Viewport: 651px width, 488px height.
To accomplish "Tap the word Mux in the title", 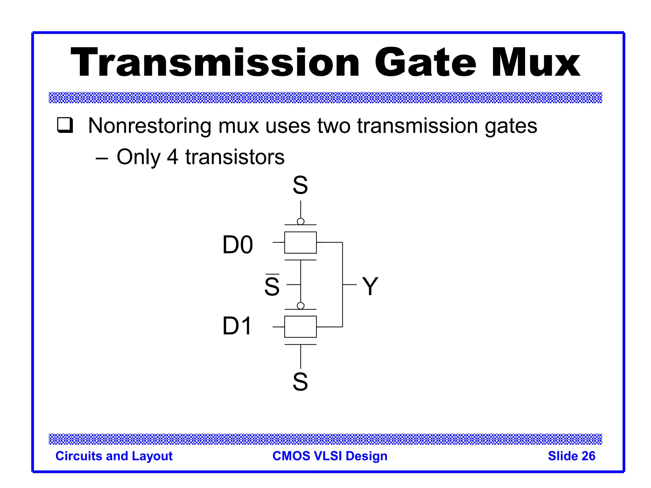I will (x=536, y=63).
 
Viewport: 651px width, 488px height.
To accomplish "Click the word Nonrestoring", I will (x=149, y=126).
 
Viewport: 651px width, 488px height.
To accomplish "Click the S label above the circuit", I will (x=300, y=185).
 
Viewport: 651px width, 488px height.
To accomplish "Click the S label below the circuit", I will (x=300, y=382).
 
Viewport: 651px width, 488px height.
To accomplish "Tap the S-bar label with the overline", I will (x=272, y=286).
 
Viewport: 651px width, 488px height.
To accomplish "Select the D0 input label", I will (x=237, y=245).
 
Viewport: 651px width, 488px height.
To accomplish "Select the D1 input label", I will (x=237, y=326).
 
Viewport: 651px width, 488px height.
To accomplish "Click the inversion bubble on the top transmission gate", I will (x=300, y=221).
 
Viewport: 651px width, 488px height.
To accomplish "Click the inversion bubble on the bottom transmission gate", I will (x=300, y=306).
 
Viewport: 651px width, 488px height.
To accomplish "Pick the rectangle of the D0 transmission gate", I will (x=300, y=242).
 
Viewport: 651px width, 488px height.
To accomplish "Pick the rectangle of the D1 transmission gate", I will (x=300, y=327).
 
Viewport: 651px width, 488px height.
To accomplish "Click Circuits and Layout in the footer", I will (x=114, y=456).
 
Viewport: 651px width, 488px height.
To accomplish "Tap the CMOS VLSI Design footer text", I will (x=330, y=456).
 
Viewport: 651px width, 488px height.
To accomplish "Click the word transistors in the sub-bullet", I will (x=235, y=157).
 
